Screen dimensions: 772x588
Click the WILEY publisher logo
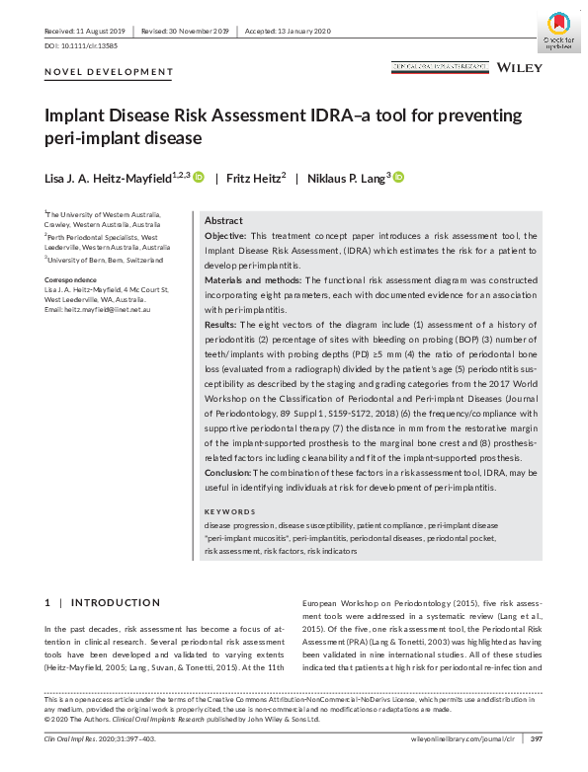pos(519,67)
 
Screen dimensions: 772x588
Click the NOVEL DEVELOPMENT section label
pos(109,72)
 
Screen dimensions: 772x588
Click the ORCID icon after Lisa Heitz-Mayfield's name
pos(199,177)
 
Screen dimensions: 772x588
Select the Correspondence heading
pos(71,280)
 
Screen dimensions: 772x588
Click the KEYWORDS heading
pos(229,512)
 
